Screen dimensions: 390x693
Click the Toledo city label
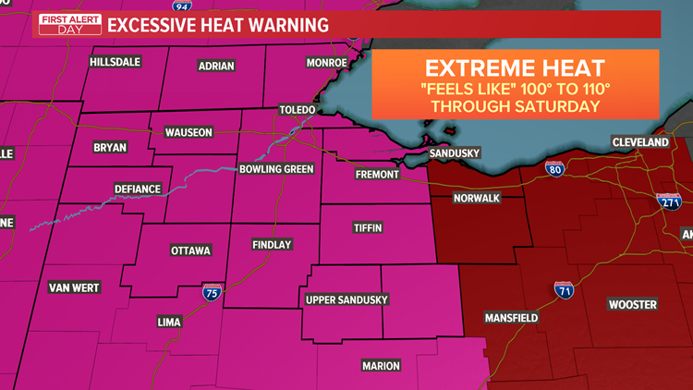pos(298,110)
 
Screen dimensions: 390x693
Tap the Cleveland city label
pos(639,143)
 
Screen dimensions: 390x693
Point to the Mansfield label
pos(512,318)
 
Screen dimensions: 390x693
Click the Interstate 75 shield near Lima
pos(211,293)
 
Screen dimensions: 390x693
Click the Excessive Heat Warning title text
pos(218,25)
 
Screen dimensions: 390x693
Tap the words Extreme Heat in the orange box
pos(515,67)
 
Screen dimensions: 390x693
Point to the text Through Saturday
pos(515,106)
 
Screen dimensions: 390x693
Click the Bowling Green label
pos(275,170)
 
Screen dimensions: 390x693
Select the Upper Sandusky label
pos(346,300)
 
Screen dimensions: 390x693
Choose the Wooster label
pos(632,305)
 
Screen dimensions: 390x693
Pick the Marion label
pos(381,366)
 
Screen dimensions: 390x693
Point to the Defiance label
pos(138,189)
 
